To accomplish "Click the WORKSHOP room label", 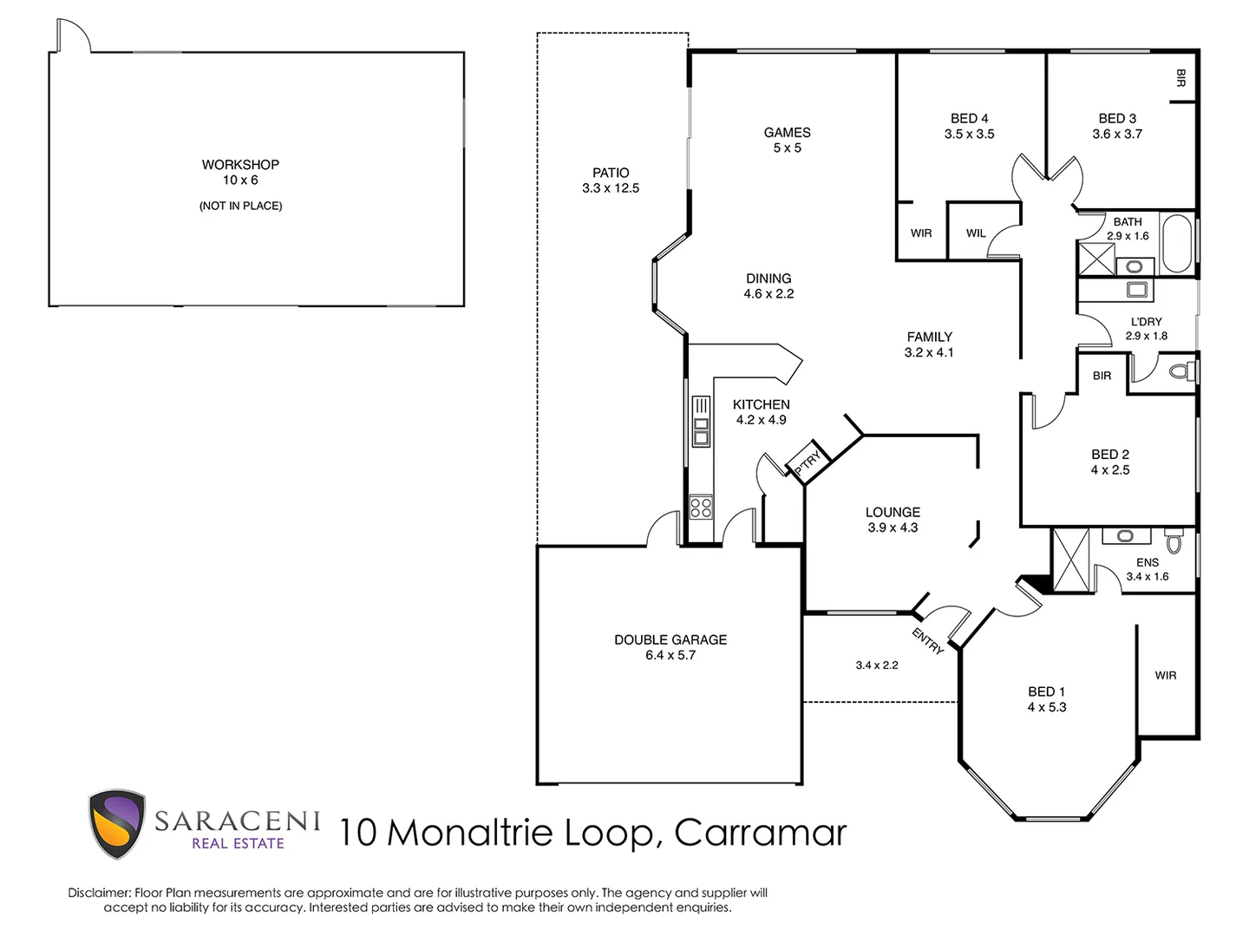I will pos(240,165).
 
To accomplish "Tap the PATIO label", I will pos(611,173).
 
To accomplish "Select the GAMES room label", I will pos(787,133).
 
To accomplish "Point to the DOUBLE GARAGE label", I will pos(670,639).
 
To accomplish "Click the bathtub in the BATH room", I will pos(1176,244).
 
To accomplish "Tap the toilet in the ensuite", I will pos(1174,542).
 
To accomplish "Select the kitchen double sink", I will pos(701,422).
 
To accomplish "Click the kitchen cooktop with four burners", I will pos(701,507).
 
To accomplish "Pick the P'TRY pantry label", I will pos(807,462).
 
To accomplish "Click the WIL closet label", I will pos(976,233).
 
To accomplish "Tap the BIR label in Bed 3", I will pos(1180,78).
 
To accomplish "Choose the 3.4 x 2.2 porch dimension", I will pos(876,665).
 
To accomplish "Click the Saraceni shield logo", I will pos(116,824).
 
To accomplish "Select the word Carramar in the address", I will pos(760,833).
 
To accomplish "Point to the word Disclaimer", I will pos(99,893).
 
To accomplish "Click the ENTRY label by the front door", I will pos(927,641).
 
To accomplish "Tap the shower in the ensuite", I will pos(1071,560).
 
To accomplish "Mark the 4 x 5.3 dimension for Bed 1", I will pos(1046,708).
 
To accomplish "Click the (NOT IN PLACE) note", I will pos(240,206).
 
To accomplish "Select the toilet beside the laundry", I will pos(1180,372).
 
